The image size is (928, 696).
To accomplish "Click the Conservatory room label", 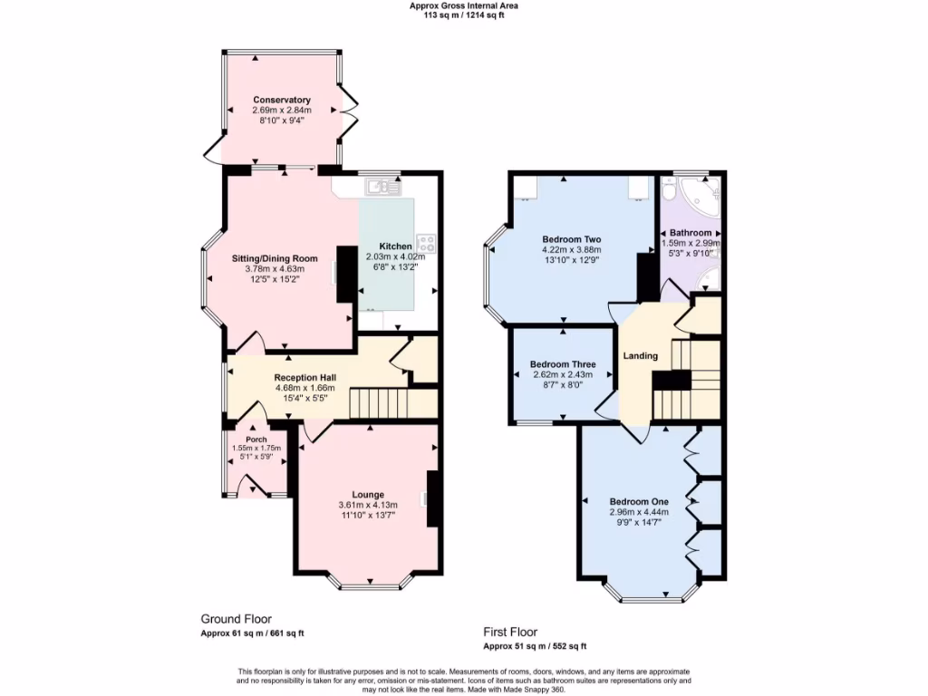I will [282, 100].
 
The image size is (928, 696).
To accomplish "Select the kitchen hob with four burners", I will [426, 243].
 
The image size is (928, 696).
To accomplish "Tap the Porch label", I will [256, 440].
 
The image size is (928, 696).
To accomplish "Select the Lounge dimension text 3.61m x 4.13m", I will [368, 505].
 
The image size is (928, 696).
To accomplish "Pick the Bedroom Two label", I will [571, 239].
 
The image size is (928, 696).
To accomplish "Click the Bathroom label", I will [691, 233].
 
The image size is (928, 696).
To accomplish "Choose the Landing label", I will [640, 356].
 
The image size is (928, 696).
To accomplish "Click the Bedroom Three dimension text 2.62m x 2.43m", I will [562, 374].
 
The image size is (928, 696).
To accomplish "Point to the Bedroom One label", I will [639, 501].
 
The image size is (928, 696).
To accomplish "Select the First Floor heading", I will [510, 633].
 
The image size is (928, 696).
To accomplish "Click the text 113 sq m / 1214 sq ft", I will [463, 15].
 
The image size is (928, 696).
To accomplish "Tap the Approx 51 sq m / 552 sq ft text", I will [535, 646].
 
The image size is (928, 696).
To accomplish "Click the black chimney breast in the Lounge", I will [434, 498].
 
